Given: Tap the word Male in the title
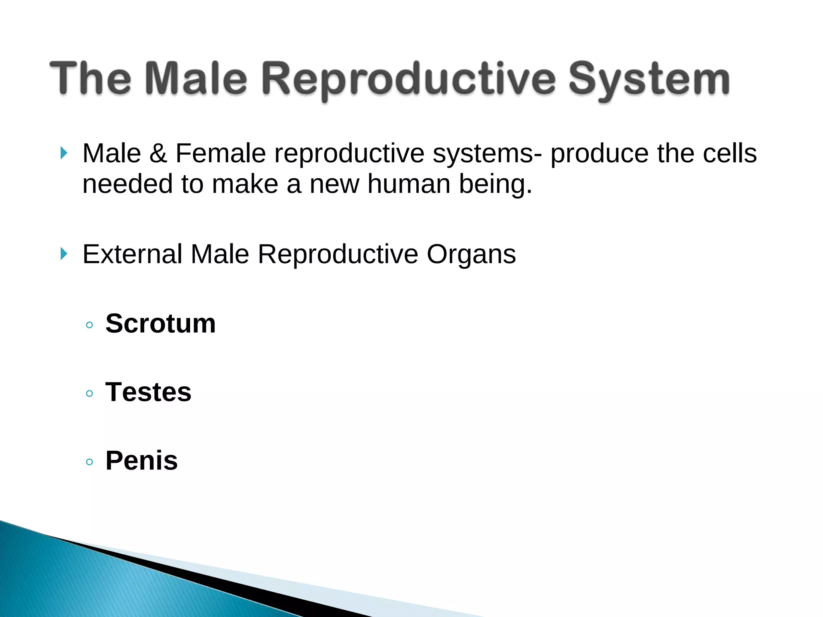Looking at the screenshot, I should [196, 78].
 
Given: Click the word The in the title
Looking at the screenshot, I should [90, 78].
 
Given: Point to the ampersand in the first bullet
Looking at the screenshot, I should [158, 153].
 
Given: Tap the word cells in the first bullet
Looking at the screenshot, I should [729, 153].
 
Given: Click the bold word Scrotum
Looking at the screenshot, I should [160, 324].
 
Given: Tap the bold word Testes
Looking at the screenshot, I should [148, 392].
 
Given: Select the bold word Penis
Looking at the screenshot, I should [141, 461].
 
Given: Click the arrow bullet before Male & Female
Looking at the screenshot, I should [63, 153].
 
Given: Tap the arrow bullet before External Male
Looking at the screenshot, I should [63, 254].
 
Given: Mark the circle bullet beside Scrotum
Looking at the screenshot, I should [90, 325].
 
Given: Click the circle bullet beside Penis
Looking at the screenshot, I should [90, 462].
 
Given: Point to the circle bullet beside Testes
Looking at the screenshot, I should [90, 393].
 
